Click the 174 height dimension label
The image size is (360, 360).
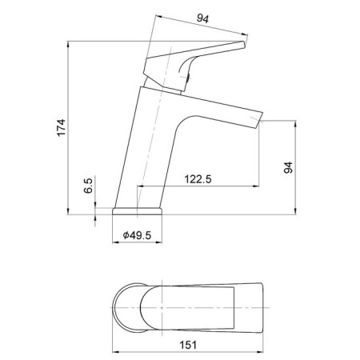point(61,128)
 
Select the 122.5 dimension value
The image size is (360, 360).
point(198,179)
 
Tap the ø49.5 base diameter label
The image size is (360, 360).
point(137,235)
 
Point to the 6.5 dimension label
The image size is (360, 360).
point(88,186)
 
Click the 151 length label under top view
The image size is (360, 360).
point(188,345)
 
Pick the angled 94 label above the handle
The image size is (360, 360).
point(202,18)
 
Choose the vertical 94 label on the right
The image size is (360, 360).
point(288,167)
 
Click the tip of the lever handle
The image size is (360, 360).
point(244,44)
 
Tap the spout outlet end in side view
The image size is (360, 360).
point(260,120)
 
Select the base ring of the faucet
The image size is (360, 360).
point(137,211)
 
